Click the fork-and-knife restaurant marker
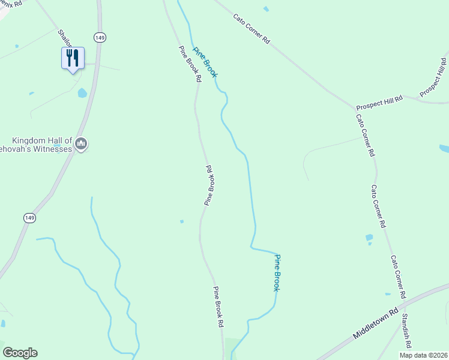click(x=73, y=58)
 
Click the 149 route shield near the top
click(x=100, y=38)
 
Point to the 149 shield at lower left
click(x=29, y=218)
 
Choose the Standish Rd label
click(x=406, y=331)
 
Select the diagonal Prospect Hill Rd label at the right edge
click(x=434, y=77)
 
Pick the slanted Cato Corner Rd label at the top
click(x=252, y=28)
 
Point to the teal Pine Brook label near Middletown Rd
click(x=277, y=273)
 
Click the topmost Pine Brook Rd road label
click(x=189, y=64)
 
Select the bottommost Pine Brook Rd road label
click(x=218, y=307)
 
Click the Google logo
click(x=20, y=353)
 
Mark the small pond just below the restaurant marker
click(x=82, y=93)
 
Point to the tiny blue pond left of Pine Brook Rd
click(x=181, y=221)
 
